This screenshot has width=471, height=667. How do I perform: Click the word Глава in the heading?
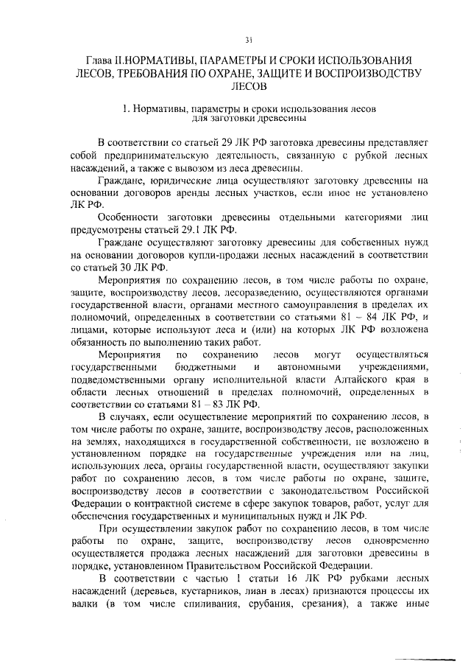pyautogui.click(x=97, y=59)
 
